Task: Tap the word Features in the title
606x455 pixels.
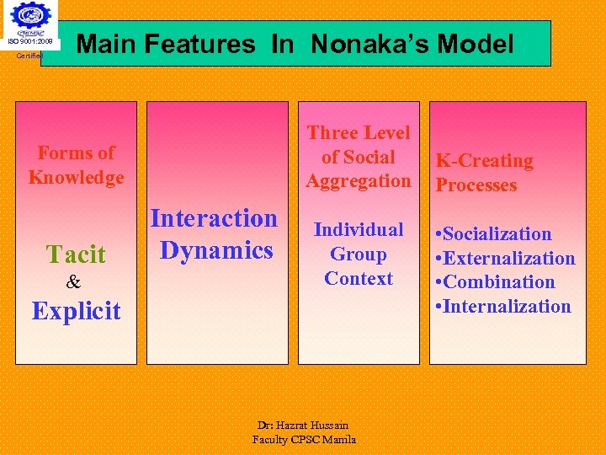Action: coord(199,44)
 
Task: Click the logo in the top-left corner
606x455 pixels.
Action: coord(30,18)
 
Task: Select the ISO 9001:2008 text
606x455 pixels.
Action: coord(30,40)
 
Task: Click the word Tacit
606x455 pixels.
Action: coord(76,254)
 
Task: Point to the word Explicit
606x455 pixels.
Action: coord(77,311)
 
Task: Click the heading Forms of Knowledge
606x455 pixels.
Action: coord(76,165)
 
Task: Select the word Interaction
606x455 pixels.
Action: coord(214,218)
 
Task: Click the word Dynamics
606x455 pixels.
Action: coord(216,250)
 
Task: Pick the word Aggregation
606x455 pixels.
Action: coord(359,181)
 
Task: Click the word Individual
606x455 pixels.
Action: coord(359,230)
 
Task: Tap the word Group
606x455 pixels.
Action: coord(359,254)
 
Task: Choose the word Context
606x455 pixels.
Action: coord(359,279)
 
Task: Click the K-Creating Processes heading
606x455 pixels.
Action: coord(484,173)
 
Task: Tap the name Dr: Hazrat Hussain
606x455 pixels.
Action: coord(304,426)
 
